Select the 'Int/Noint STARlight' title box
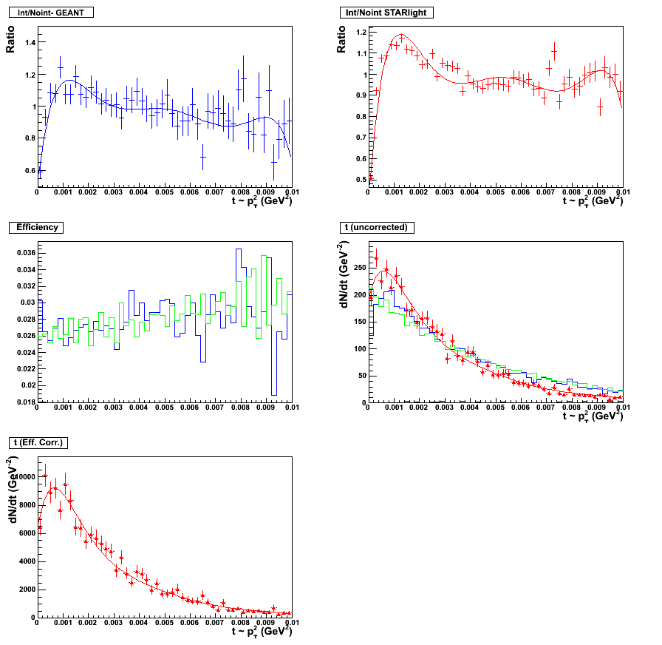pos(386,13)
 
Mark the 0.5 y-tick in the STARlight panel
pos(360,180)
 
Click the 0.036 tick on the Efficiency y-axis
pos(22,253)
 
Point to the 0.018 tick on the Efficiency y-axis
pos(22,402)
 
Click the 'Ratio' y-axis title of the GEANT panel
pos(10,39)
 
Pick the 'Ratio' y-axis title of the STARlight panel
pos(341,39)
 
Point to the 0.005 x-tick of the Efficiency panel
pos(164,408)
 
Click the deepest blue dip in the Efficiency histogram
pos(274,394)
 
